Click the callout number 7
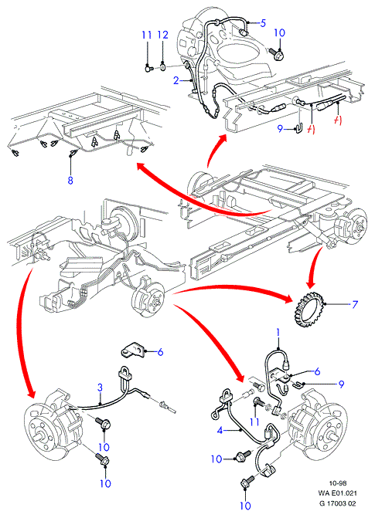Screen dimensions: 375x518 tap(354, 304)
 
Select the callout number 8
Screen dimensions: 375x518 tap(70, 180)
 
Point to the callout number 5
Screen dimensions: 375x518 tap(263, 23)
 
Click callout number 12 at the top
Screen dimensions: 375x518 tap(163, 35)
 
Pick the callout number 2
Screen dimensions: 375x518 tap(176, 80)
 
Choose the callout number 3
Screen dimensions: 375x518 tap(100, 388)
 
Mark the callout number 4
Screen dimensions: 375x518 tap(220, 430)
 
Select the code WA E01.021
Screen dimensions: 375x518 tap(338, 493)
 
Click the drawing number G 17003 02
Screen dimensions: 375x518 tap(338, 503)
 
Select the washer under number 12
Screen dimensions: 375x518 tap(162, 68)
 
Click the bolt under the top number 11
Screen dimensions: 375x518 tap(149, 69)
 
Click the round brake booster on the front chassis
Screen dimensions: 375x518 tap(124, 220)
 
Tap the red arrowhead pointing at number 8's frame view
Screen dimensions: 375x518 tap(141, 167)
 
